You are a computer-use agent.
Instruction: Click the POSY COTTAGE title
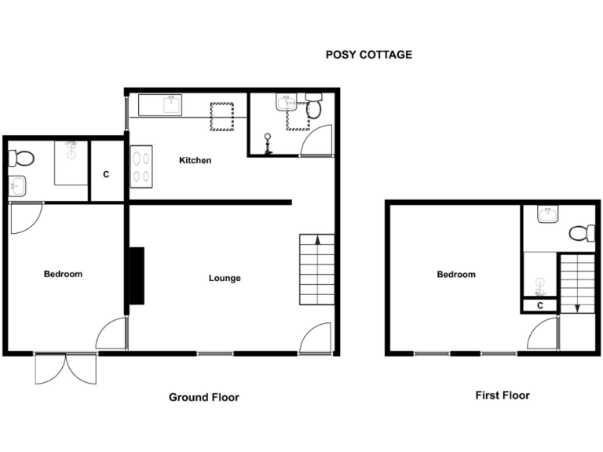[x=369, y=55]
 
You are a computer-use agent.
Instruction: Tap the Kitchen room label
[x=196, y=161]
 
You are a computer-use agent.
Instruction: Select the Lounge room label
[x=225, y=279]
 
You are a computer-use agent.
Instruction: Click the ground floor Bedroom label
[x=63, y=274]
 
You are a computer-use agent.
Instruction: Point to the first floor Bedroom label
[x=456, y=275]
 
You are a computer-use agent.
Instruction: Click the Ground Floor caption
[x=204, y=398]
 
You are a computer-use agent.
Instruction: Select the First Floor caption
[x=502, y=395]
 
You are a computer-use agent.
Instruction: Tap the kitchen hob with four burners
[x=141, y=167]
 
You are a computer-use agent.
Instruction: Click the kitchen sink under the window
[x=161, y=104]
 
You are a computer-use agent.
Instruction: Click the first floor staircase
[x=577, y=282]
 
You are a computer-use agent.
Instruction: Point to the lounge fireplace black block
[x=137, y=275]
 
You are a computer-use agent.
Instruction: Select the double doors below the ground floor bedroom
[x=66, y=369]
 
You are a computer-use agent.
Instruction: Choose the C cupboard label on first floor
[x=539, y=305]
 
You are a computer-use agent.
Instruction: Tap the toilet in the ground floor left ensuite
[x=21, y=159]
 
